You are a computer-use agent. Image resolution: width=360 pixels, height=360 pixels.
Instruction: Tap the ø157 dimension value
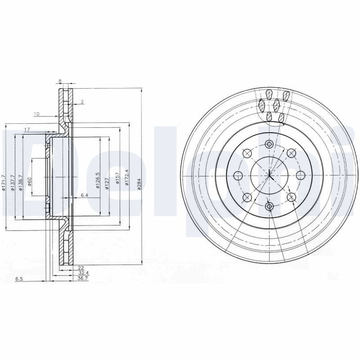point(117,178)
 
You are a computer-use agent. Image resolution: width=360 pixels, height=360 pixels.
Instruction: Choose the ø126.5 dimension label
point(98,180)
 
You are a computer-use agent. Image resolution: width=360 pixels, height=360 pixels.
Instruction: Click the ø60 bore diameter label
point(29,181)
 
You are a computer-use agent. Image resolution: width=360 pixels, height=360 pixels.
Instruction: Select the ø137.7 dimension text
point(13,183)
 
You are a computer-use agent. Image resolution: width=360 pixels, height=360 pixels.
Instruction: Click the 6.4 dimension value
point(85,195)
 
